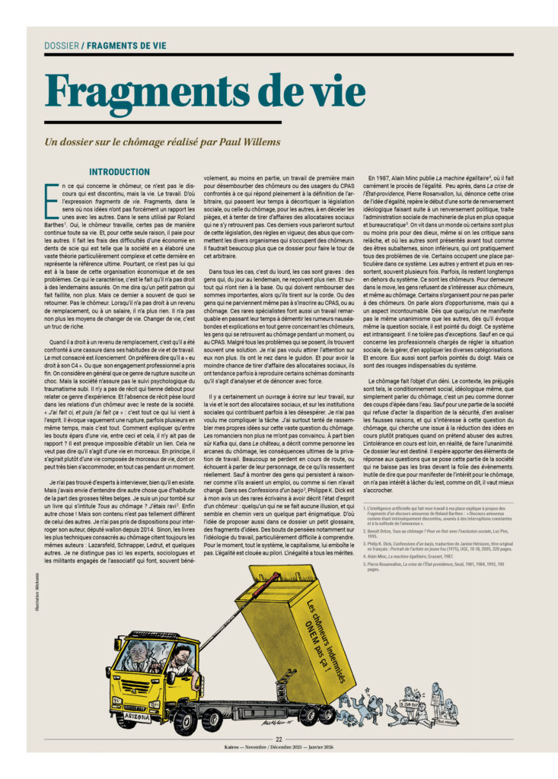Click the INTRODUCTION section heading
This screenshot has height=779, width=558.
[x=120, y=173]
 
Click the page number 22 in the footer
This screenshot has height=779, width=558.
[x=279, y=739]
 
